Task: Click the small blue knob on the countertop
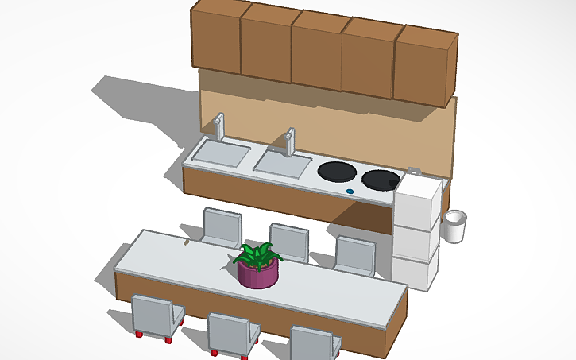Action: pyautogui.click(x=350, y=192)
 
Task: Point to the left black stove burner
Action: pyautogui.click(x=337, y=172)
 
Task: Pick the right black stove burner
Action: pyautogui.click(x=381, y=180)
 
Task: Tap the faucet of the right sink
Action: pyautogui.click(x=290, y=141)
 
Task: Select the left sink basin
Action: pyautogui.click(x=221, y=153)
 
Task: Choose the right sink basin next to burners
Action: pyautogui.click(x=282, y=163)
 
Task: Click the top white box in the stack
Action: pyautogui.click(x=418, y=199)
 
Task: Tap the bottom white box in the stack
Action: pyautogui.click(x=415, y=268)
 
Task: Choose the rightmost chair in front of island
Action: pyautogui.click(x=315, y=343)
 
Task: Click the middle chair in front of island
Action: pyautogui.click(x=232, y=332)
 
